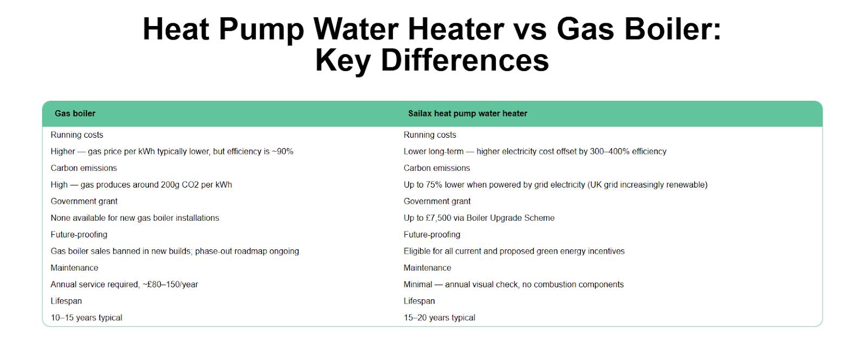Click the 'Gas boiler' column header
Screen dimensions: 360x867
75,113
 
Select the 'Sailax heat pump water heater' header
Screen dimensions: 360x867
467,113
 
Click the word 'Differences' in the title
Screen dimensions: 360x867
465,60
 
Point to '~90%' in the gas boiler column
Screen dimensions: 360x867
282,151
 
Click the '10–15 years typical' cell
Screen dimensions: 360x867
86,318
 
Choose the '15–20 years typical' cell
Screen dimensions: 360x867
439,318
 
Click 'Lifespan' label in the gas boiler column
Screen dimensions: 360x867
66,301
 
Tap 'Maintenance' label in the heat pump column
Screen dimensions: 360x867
427,268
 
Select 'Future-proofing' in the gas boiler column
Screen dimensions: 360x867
79,235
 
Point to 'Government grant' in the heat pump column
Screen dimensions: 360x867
437,201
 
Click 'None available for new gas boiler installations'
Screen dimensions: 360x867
134,218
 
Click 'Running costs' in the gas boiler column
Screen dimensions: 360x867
76,135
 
